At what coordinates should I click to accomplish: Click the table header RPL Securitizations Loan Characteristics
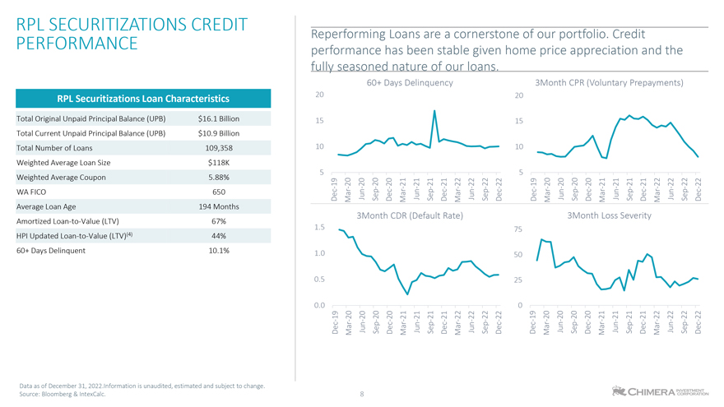pos(142,99)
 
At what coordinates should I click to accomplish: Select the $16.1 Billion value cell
pos(218,119)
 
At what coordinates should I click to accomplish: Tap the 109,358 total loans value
pos(218,149)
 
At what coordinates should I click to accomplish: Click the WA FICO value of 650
pos(218,192)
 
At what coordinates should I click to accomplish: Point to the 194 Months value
pos(218,206)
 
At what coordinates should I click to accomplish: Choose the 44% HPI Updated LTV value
pos(218,236)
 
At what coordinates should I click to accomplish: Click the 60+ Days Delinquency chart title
pos(409,83)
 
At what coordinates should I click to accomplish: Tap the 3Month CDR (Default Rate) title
pos(409,215)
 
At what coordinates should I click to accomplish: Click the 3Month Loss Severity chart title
pos(610,215)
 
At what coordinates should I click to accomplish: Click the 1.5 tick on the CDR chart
pos(319,227)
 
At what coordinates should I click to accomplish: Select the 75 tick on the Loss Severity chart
pos(518,230)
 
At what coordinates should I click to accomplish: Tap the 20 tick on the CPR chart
pos(518,96)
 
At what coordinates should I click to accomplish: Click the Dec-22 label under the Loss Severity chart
pos(698,323)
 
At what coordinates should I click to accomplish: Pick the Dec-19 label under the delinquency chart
pos(335,188)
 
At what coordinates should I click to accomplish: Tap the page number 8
pos(362,394)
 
